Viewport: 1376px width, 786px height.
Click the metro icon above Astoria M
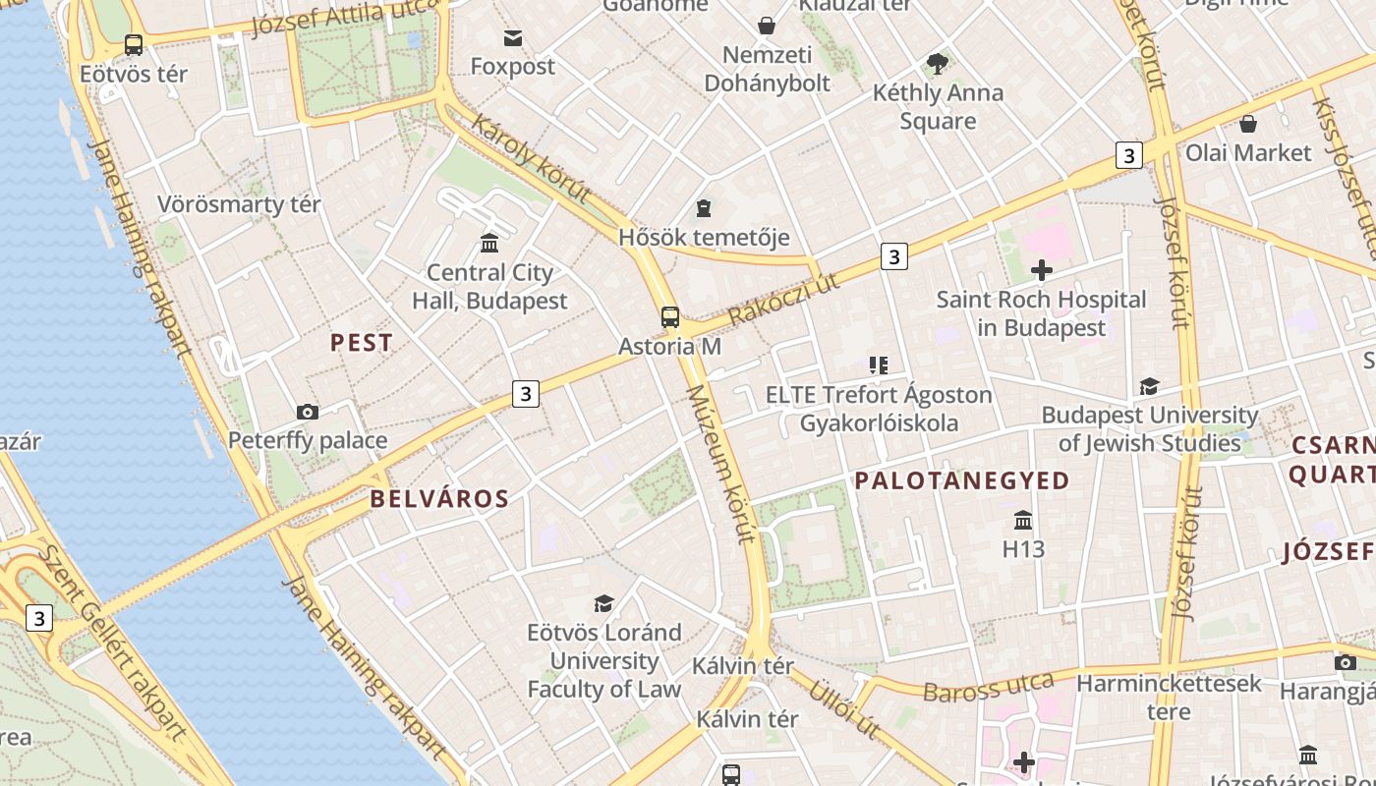[670, 317]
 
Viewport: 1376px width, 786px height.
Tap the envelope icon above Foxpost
[513, 38]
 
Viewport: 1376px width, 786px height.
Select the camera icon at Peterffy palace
[308, 412]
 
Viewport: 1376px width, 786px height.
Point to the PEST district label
[362, 343]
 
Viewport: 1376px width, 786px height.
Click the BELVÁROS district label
[439, 499]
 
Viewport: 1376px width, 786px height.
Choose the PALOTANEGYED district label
[961, 480]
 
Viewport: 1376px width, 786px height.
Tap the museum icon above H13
[1023, 520]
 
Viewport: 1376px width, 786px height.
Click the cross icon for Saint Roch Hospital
[1042, 270]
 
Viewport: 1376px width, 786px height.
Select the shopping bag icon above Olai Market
[1248, 124]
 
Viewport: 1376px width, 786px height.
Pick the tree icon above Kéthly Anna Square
[938, 64]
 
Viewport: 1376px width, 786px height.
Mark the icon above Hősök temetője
[704, 208]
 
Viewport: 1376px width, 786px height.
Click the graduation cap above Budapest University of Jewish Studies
[1149, 386]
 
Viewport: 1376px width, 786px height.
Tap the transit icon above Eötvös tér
[134, 45]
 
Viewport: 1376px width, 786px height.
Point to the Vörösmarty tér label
[239, 204]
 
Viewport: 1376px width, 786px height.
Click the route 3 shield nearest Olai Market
[1128, 155]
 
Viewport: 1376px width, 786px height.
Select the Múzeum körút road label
[722, 464]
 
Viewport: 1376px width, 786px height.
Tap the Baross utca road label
[988, 686]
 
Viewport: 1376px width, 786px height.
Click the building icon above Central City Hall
[489, 243]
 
